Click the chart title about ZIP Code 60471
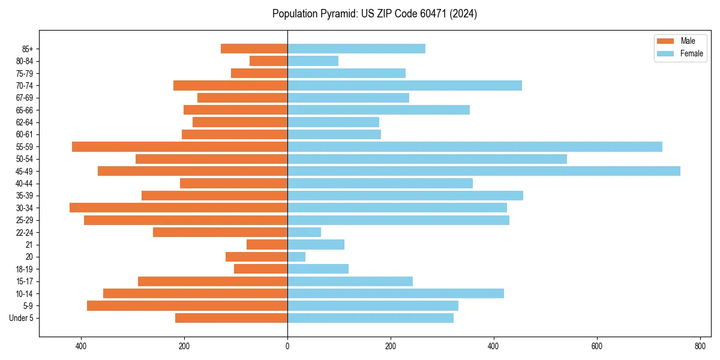[x=374, y=14]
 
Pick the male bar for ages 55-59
[x=179, y=146]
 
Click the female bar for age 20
[x=296, y=257]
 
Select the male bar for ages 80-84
[x=268, y=61]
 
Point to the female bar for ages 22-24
[x=304, y=232]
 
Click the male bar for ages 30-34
[x=178, y=208]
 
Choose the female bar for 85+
[x=356, y=49]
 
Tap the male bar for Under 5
[x=231, y=318]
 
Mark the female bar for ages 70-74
[x=404, y=85]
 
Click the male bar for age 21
[x=267, y=244]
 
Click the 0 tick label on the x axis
[x=287, y=346]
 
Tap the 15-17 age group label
[x=25, y=281]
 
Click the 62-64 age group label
[x=25, y=122]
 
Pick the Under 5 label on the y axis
[x=22, y=318]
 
